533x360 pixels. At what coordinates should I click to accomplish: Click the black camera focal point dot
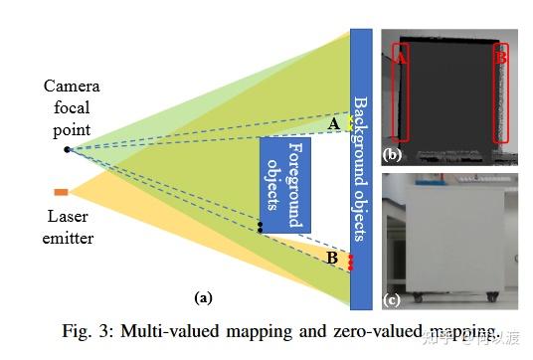pos(68,149)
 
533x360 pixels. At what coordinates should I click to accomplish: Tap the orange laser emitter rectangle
pos(61,191)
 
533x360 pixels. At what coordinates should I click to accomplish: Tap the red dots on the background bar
pos(350,262)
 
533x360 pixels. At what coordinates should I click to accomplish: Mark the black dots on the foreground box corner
pos(260,228)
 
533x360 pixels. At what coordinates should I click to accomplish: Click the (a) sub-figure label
pos(203,296)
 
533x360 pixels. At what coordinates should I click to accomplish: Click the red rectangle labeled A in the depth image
pos(402,91)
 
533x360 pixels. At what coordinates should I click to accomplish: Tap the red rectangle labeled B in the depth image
pos(501,91)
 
